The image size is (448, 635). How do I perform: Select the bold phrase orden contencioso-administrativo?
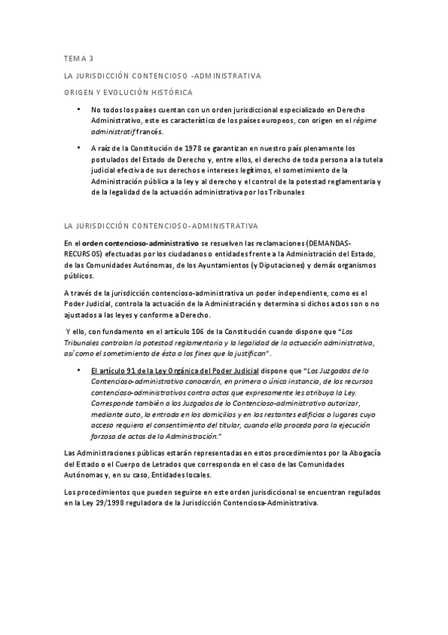[x=141, y=244]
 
